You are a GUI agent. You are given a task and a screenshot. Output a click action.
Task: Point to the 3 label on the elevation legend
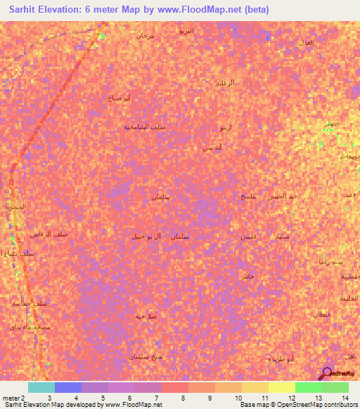(x=49, y=398)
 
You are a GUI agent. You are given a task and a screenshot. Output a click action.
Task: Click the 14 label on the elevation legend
(x=345, y=398)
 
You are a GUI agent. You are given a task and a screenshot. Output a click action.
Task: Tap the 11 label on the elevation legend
(x=264, y=398)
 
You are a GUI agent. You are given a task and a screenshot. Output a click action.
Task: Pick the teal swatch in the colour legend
(x=41, y=387)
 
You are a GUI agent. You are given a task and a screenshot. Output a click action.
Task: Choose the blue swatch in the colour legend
(x=68, y=387)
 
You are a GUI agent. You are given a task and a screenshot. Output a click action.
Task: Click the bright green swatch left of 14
(x=308, y=387)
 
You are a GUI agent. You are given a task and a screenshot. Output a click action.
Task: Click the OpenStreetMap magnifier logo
(x=328, y=374)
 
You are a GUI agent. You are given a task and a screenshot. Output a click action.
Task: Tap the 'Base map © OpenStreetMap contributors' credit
(x=297, y=405)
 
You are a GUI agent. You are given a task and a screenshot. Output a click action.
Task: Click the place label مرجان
(x=146, y=35)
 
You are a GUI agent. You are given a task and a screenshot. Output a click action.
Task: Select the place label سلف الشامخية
(x=144, y=126)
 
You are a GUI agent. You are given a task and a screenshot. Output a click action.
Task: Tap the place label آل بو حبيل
(x=146, y=236)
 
